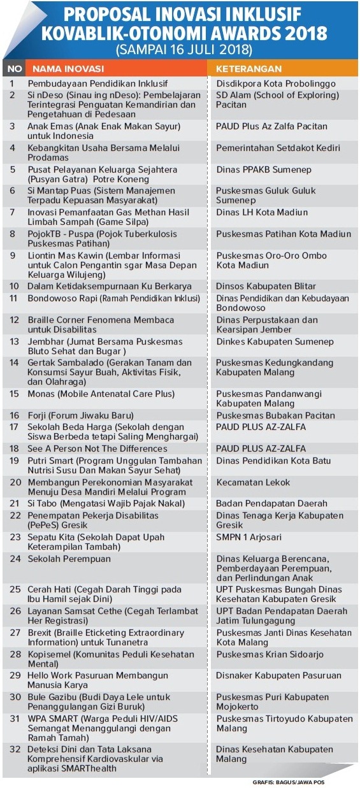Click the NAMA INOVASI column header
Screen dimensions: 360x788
[x=68, y=68]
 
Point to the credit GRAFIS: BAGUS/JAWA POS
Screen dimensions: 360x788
[x=288, y=782]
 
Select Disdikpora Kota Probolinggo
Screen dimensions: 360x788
[x=275, y=83]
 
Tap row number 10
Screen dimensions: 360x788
[x=13, y=286]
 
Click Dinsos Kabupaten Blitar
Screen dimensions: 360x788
[x=266, y=286]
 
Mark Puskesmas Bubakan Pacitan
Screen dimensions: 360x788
[x=275, y=415]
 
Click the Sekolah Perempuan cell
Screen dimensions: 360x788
[x=69, y=559]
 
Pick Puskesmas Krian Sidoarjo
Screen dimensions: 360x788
[x=270, y=654]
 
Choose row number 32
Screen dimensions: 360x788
[x=13, y=750]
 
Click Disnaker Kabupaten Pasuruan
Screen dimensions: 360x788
[x=278, y=675]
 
